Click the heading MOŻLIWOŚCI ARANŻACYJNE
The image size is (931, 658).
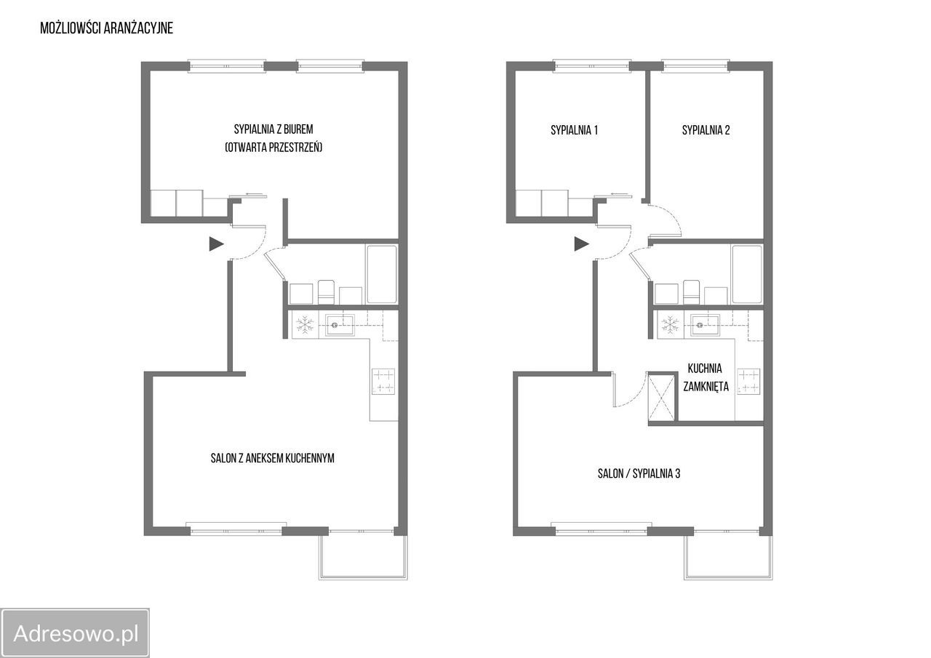click(106, 28)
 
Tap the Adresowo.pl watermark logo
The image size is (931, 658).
click(75, 633)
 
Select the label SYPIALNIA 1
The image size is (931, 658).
click(575, 130)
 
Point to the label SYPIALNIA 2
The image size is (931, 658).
click(706, 130)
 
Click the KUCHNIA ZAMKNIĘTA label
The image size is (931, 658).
click(706, 377)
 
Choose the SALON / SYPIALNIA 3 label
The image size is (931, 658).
click(639, 473)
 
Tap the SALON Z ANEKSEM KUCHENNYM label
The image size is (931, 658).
click(273, 458)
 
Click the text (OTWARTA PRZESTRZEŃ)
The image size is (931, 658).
click(273, 148)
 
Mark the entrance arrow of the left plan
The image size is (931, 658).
click(216, 244)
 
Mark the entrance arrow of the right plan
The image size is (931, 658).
click(581, 244)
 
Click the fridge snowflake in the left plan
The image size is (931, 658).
click(305, 324)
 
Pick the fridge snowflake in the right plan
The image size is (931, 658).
click(670, 324)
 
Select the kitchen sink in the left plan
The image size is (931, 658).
click(340, 324)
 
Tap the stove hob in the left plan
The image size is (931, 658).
click(383, 381)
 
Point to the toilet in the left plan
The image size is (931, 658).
click(326, 292)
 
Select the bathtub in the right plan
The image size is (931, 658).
click(747, 274)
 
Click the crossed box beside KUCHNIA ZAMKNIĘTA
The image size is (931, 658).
click(662, 397)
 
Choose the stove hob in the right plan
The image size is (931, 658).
click(748, 381)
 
